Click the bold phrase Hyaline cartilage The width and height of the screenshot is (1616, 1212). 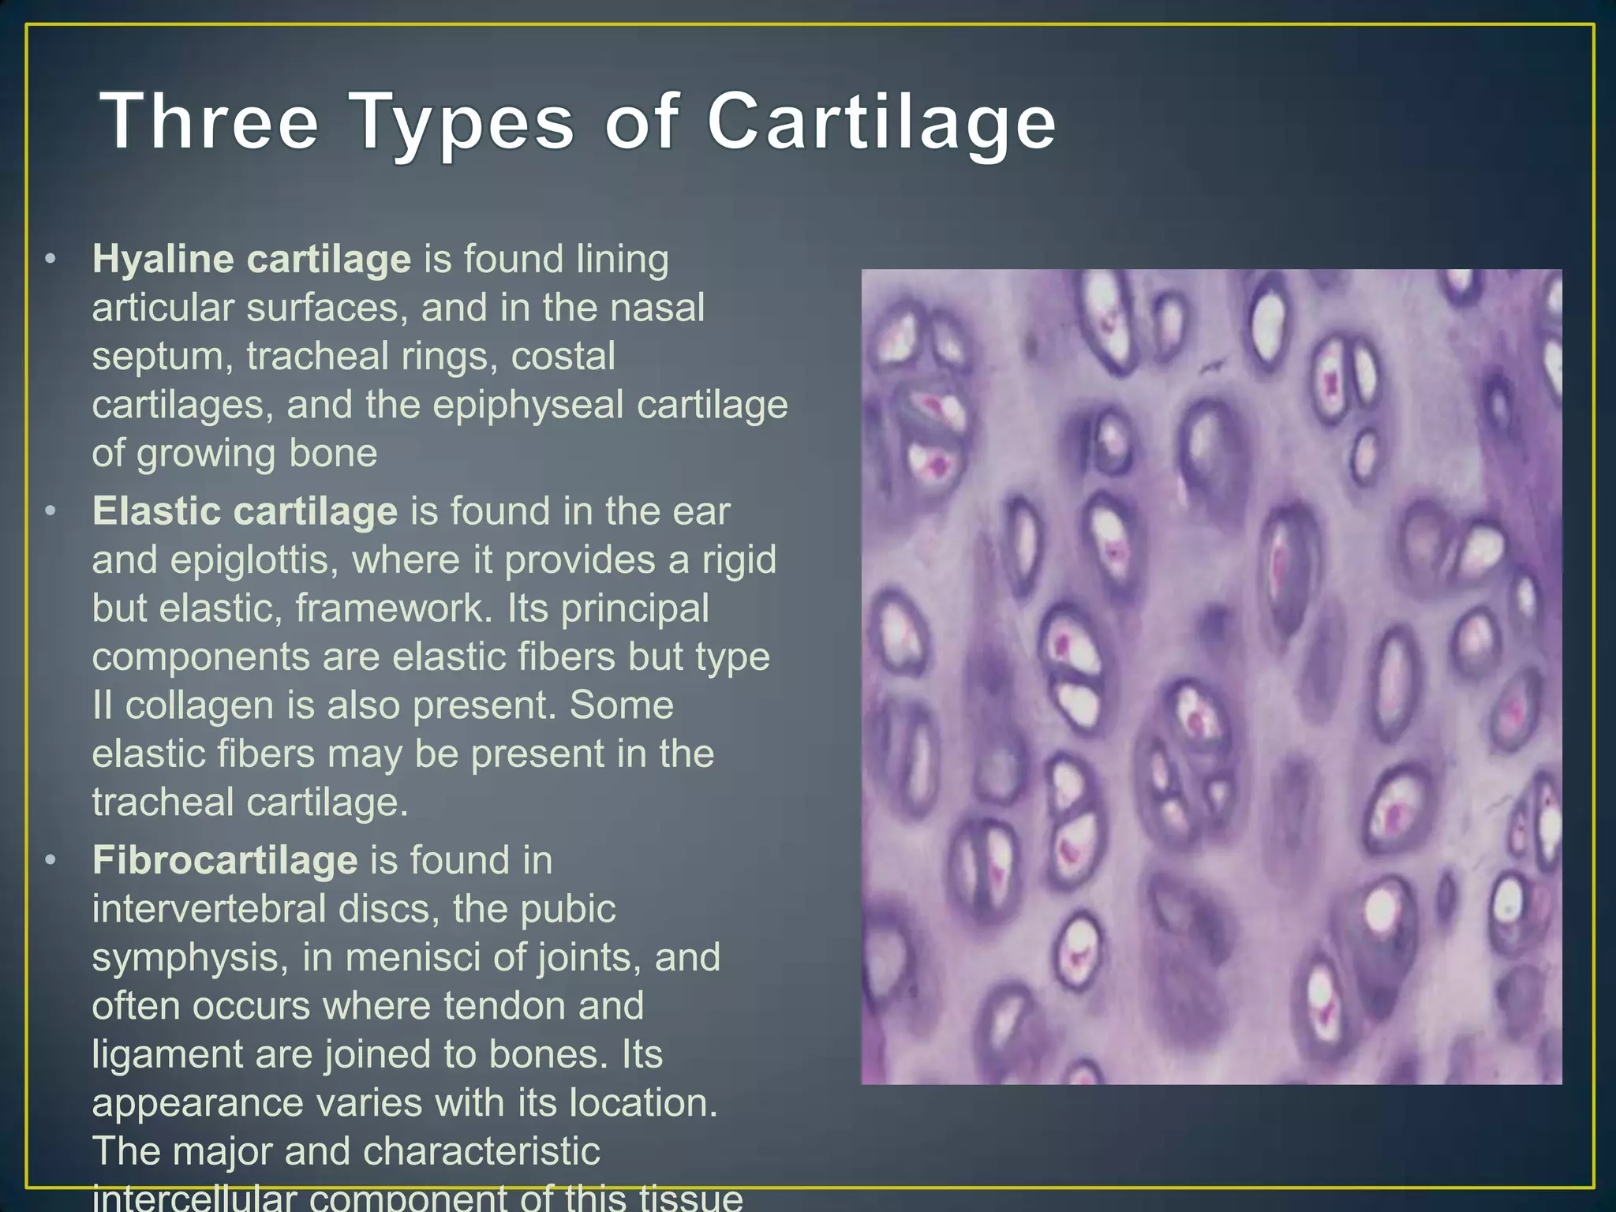click(x=251, y=260)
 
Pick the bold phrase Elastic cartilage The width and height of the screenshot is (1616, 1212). click(x=245, y=511)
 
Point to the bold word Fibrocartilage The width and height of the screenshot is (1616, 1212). click(x=225, y=860)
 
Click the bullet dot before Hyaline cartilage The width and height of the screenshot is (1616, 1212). click(x=50, y=260)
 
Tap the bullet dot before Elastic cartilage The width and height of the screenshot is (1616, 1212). click(x=50, y=511)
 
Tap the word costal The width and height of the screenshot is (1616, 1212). click(x=563, y=357)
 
